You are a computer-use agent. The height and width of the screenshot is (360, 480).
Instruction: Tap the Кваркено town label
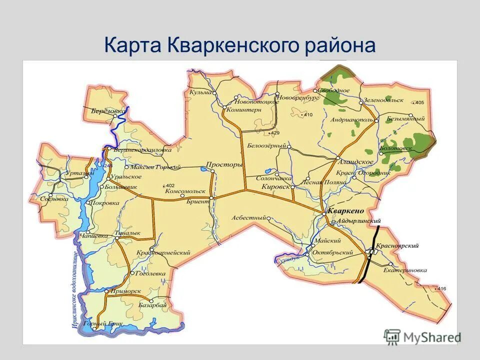click(345, 211)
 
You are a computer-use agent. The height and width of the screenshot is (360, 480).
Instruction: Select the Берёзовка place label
click(108, 110)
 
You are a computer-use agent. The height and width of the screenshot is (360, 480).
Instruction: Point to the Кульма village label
click(200, 92)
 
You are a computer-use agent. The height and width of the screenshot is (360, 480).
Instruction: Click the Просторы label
click(224, 164)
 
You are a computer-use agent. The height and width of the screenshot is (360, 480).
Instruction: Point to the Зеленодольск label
click(384, 100)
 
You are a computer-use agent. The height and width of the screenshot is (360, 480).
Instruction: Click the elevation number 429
click(275, 133)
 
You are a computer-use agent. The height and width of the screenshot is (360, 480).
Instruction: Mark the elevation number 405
click(419, 102)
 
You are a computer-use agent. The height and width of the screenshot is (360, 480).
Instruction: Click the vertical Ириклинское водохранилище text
click(75, 290)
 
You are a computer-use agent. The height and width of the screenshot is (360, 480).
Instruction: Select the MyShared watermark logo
click(422, 337)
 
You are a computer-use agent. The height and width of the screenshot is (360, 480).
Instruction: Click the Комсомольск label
click(185, 191)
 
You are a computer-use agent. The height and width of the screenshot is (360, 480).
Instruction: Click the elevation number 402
click(170, 185)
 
